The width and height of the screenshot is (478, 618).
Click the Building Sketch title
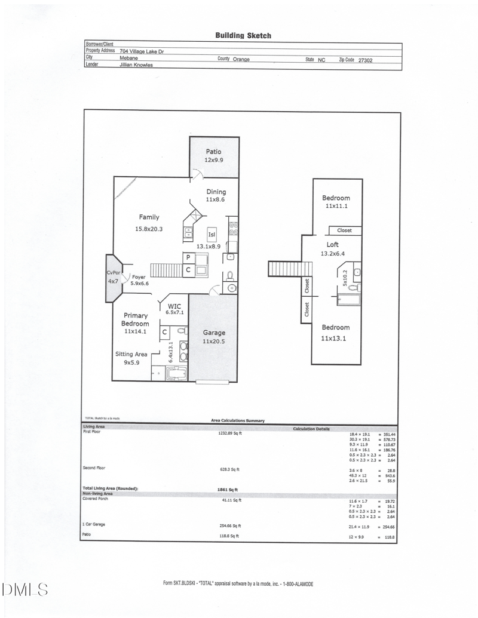click(243, 35)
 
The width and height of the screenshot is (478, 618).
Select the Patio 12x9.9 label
click(214, 156)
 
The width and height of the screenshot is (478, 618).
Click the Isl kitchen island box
click(212, 235)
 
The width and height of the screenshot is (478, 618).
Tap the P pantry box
click(188, 257)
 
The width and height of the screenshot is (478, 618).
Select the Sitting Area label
click(131, 358)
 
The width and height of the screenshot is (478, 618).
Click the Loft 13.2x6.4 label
click(333, 248)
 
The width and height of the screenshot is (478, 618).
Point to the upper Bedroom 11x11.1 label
click(336, 202)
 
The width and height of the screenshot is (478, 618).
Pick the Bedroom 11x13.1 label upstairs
click(336, 331)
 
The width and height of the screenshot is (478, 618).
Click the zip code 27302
click(364, 60)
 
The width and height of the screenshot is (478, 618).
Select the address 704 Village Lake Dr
click(142, 52)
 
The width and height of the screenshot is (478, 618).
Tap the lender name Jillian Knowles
click(136, 65)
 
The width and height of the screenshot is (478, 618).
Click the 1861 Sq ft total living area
click(228, 489)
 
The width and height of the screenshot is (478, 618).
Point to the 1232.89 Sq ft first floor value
click(231, 433)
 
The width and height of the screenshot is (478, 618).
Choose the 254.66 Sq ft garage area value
click(230, 526)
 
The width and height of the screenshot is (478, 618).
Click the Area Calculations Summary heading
click(238, 421)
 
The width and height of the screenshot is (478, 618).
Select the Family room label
click(149, 217)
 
